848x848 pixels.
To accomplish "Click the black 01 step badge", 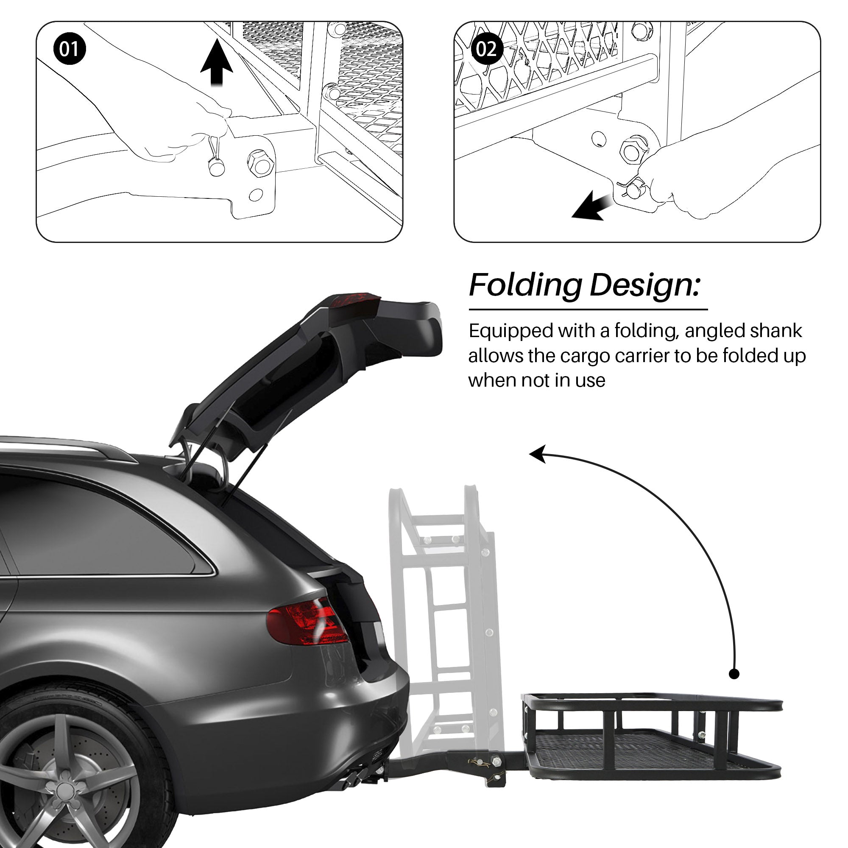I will pyautogui.click(x=70, y=48).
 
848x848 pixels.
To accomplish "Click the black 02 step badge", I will pyautogui.click(x=486, y=48).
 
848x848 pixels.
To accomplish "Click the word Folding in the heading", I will pyautogui.click(x=525, y=285).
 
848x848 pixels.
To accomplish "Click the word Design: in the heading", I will pyautogui.click(x=644, y=285).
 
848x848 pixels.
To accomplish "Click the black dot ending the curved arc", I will pyautogui.click(x=734, y=674).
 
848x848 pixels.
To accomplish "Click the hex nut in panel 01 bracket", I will pyautogui.click(x=260, y=163).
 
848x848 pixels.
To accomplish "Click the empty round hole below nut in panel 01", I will pyautogui.click(x=256, y=195).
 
